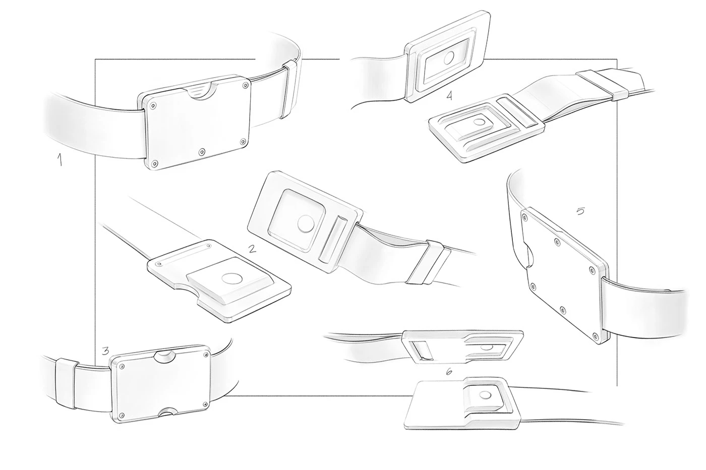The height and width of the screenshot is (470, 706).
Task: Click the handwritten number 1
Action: coord(60,159)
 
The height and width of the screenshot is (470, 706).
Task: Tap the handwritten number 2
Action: coord(252,249)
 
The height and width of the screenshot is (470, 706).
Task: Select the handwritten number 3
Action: coord(105,351)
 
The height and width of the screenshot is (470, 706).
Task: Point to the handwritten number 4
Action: coord(449,95)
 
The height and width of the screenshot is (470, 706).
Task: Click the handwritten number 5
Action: coord(580,211)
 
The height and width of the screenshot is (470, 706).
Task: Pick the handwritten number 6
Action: coord(449,372)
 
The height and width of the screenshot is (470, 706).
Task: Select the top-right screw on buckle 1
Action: coord(245,85)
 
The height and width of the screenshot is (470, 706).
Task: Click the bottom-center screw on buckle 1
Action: coord(202,152)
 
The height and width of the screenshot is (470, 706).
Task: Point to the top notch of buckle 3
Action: coord(164,356)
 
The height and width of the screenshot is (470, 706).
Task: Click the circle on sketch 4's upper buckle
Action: coord(449,58)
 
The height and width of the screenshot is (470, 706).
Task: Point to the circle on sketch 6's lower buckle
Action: coord(485,395)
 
